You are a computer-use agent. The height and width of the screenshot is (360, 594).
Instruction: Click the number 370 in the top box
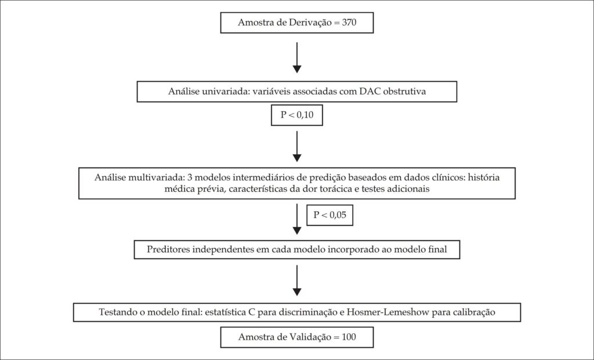click(x=349, y=23)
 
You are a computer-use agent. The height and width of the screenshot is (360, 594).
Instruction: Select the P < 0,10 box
click(x=297, y=115)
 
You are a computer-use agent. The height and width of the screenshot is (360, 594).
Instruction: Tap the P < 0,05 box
click(x=329, y=215)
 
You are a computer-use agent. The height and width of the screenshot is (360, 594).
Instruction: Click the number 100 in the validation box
click(x=349, y=337)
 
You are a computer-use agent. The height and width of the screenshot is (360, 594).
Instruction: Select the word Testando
click(x=116, y=312)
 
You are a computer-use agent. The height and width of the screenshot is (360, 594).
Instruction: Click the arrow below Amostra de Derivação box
click(x=297, y=57)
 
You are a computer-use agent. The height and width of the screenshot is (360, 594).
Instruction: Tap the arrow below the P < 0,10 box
click(x=297, y=147)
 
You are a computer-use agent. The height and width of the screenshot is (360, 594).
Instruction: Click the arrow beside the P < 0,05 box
click(x=297, y=219)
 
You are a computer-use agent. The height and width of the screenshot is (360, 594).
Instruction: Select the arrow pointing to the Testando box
click(x=297, y=281)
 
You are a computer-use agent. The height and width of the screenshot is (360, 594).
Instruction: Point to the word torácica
click(x=337, y=188)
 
